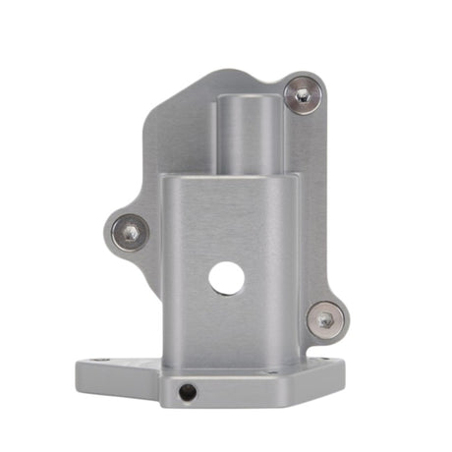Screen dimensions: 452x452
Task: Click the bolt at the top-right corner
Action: click(x=303, y=95)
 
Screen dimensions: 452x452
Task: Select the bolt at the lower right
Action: click(x=324, y=317)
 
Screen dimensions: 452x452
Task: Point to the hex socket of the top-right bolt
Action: click(x=303, y=95)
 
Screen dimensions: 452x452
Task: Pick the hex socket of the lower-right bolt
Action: click(x=324, y=317)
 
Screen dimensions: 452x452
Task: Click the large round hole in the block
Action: click(x=226, y=279)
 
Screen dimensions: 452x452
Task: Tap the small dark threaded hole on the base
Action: click(x=188, y=392)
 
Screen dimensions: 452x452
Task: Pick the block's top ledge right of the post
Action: click(x=289, y=178)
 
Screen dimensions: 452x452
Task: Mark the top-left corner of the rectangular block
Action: click(x=165, y=180)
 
